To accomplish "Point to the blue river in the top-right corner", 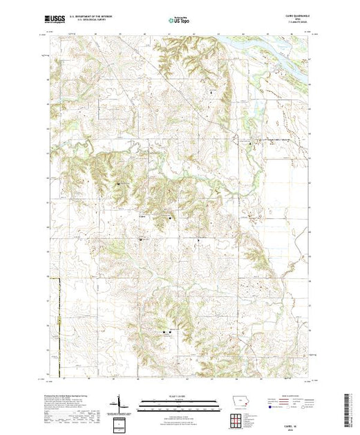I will [x=276, y=46].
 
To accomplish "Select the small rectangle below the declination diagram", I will [x=122, y=422].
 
